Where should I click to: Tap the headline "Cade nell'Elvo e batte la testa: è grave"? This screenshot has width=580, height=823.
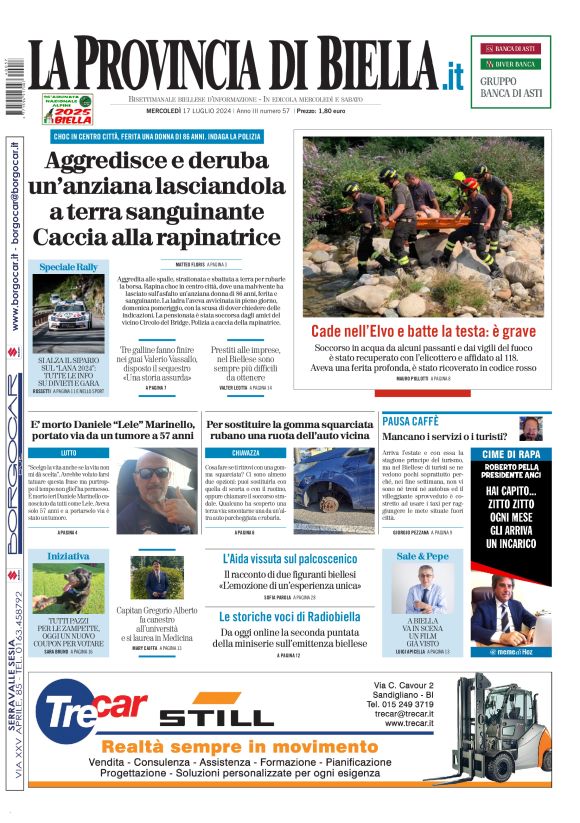[x=423, y=331]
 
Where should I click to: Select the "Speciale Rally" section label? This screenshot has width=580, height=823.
[x=68, y=267]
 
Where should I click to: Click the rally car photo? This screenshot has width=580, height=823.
[x=68, y=311]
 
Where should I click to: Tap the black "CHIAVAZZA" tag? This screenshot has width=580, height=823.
[x=245, y=453]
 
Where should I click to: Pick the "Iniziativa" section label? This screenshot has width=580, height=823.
[x=68, y=555]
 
